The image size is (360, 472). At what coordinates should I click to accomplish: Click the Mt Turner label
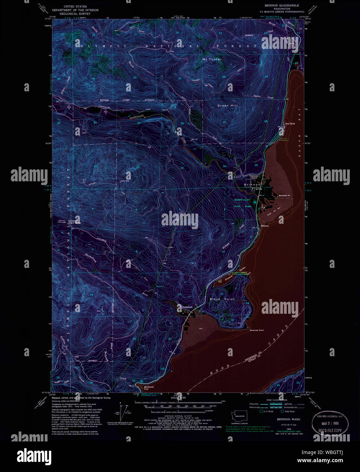(212, 59)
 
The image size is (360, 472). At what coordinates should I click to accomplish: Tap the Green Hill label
(227, 106)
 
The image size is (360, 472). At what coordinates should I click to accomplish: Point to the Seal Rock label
(290, 124)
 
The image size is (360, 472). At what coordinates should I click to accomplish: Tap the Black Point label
(222, 299)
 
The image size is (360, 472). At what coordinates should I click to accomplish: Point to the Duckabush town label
(187, 307)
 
